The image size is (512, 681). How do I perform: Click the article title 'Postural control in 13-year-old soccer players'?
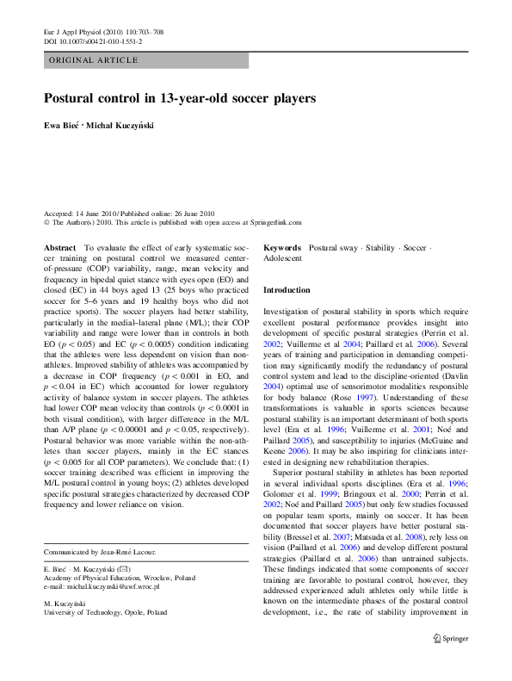tap(179, 99)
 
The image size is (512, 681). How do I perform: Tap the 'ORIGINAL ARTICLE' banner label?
tap(94, 60)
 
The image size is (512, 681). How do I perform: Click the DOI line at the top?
tap(93, 41)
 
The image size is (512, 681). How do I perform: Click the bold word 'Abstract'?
tap(59, 247)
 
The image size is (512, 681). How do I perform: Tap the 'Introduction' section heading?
tap(286, 291)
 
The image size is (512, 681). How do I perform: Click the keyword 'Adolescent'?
tap(282, 258)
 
